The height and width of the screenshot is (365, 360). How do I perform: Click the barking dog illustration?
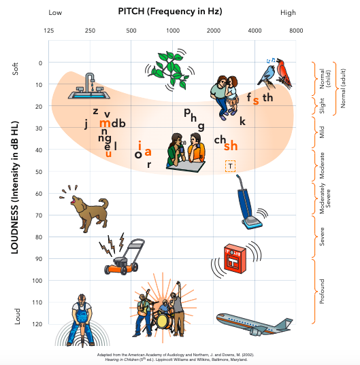(86, 211)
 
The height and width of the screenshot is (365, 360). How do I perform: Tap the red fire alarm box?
(235, 258)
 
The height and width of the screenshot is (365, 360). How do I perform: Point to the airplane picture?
(255, 324)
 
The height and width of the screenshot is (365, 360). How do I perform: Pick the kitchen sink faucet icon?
(89, 86)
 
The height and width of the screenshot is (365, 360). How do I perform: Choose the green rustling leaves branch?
(170, 70)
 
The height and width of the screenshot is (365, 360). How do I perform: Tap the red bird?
(284, 73)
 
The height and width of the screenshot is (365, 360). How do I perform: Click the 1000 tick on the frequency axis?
(173, 31)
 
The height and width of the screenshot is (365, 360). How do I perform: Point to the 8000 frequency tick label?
(296, 31)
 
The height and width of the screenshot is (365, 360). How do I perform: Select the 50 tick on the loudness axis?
(39, 172)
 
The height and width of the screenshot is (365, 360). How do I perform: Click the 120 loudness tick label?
(37, 324)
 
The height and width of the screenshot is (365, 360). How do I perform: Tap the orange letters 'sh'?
(231, 145)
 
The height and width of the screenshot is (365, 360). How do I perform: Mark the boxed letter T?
(230, 167)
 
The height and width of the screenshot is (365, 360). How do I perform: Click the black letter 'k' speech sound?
(242, 121)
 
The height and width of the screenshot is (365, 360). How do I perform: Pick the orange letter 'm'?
(105, 123)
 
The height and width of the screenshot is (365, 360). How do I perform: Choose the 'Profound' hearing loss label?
(322, 292)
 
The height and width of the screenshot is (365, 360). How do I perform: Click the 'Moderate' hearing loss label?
(322, 165)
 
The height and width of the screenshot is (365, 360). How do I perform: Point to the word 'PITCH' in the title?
(131, 11)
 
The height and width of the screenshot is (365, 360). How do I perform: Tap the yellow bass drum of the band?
(163, 321)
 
